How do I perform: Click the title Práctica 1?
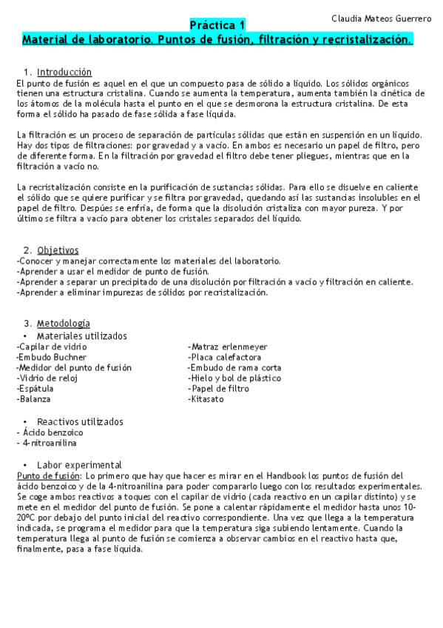(x=218, y=25)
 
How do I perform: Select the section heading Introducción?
(x=64, y=73)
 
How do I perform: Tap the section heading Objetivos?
(x=58, y=250)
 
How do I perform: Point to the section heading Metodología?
(x=64, y=323)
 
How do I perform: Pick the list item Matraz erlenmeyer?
(x=228, y=347)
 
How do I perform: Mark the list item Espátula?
(x=35, y=389)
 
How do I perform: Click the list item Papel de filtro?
(x=219, y=389)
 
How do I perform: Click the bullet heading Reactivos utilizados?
(x=80, y=421)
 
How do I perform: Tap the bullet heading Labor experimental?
(x=79, y=464)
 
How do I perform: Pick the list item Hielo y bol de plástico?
(x=234, y=378)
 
